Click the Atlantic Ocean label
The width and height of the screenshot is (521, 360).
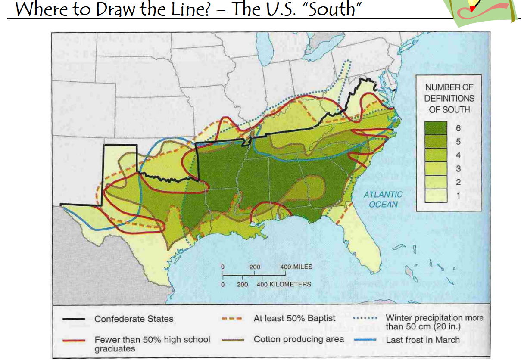(x=383, y=199)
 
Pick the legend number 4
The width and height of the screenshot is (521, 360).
(x=458, y=155)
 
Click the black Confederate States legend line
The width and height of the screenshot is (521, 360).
(x=73, y=319)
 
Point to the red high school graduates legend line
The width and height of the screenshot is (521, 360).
(x=73, y=340)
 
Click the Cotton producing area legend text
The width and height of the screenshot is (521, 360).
(x=299, y=339)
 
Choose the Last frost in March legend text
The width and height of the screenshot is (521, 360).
(x=422, y=340)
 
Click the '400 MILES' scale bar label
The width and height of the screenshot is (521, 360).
(x=296, y=267)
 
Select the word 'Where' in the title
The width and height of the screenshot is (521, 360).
(x=39, y=9)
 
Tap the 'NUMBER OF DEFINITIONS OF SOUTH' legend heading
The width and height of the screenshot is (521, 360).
(x=449, y=98)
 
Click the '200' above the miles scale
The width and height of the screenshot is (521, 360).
(x=254, y=267)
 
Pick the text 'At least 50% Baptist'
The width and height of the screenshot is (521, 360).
(x=294, y=319)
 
